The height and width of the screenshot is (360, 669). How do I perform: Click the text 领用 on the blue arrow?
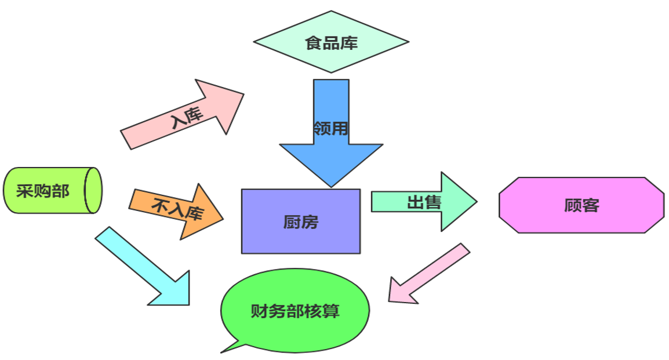[330, 128]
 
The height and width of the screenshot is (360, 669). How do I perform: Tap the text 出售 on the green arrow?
[424, 203]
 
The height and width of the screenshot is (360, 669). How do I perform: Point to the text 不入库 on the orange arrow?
[177, 210]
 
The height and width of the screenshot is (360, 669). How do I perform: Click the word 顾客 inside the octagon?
[581, 205]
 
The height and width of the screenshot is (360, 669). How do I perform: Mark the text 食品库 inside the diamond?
[331, 42]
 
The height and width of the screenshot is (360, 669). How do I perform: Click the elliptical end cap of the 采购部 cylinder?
[93, 190]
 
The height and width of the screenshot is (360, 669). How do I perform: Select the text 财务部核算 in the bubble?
[295, 311]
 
